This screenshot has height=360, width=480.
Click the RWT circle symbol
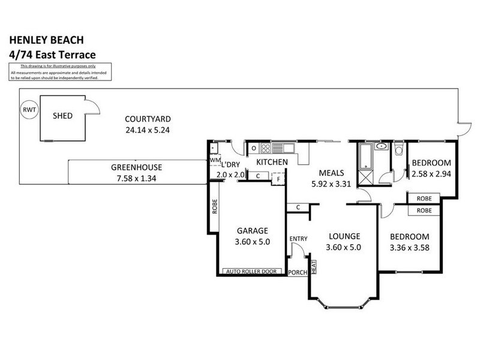[28, 110]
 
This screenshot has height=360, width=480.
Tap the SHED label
[62, 115]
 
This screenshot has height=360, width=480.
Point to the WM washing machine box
[214, 160]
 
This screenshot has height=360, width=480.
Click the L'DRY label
[231, 165]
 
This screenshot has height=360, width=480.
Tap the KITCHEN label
[272, 163]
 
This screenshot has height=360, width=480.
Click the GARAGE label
[252, 230]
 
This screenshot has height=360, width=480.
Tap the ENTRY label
[298, 239]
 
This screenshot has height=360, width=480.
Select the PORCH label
[298, 272]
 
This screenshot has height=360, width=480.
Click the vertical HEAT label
[313, 268]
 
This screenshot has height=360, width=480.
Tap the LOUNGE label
[344, 236]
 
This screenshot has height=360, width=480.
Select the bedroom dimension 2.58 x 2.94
[431, 175]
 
